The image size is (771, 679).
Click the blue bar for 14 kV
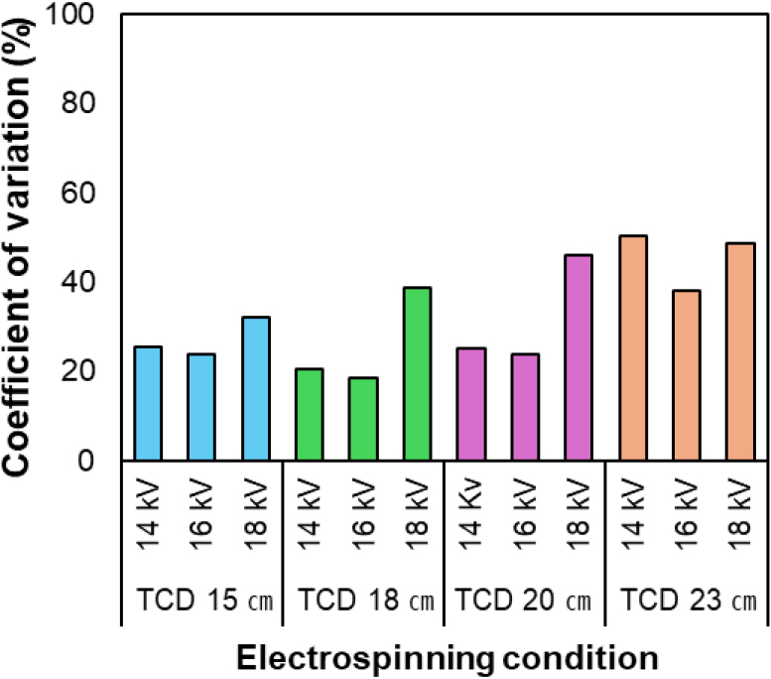pos(148,403)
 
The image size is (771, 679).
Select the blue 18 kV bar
pos(255,388)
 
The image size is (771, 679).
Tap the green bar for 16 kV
pos(363,419)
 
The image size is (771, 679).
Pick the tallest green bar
pos(417,373)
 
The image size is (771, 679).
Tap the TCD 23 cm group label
pos(686,601)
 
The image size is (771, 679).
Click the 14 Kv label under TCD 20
pos(471,517)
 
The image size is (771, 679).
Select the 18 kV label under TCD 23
pos(740,517)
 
